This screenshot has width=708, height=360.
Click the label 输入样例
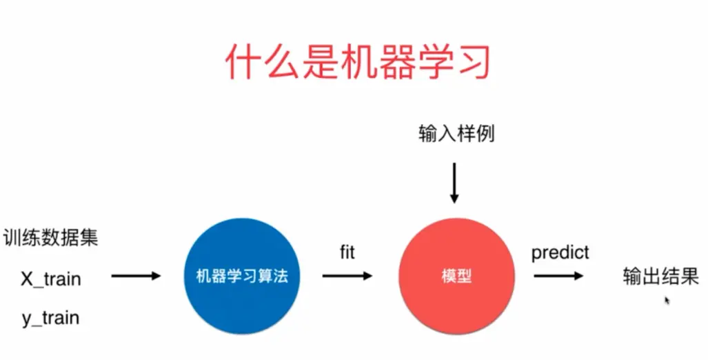pos(456,134)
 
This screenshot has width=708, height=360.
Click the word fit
pos(347,253)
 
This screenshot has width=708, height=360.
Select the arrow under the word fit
pos(347,276)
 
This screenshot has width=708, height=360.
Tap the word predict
pos(560,253)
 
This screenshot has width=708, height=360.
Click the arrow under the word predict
pos(558,276)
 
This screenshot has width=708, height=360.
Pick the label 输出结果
pos(660,277)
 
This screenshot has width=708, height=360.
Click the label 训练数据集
pos(50,239)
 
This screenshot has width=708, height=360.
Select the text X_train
pos(50,279)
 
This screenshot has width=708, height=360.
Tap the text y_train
pos(50,319)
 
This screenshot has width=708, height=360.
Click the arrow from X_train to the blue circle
pos(136,276)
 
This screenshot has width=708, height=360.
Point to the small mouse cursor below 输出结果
pos(667,301)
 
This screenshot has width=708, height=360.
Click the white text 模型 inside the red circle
pos(456,277)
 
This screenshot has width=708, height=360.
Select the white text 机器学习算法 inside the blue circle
pos(241,277)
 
